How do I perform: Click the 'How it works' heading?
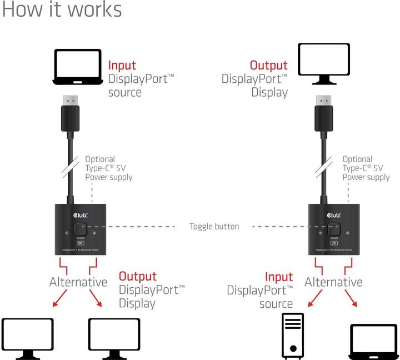coord(62,10)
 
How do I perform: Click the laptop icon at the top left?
coord(78,67)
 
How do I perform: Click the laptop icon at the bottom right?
coord(373,341)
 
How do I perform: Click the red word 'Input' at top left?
coord(122,66)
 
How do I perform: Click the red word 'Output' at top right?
coord(269,66)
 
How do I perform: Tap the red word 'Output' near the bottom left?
coord(138,276)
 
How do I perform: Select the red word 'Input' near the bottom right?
coord(279,276)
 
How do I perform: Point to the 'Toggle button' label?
coord(214,227)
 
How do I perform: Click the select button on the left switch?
coord(82,229)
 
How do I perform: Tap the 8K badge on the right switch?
coord(334,243)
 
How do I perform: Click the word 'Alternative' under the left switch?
coord(78,282)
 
